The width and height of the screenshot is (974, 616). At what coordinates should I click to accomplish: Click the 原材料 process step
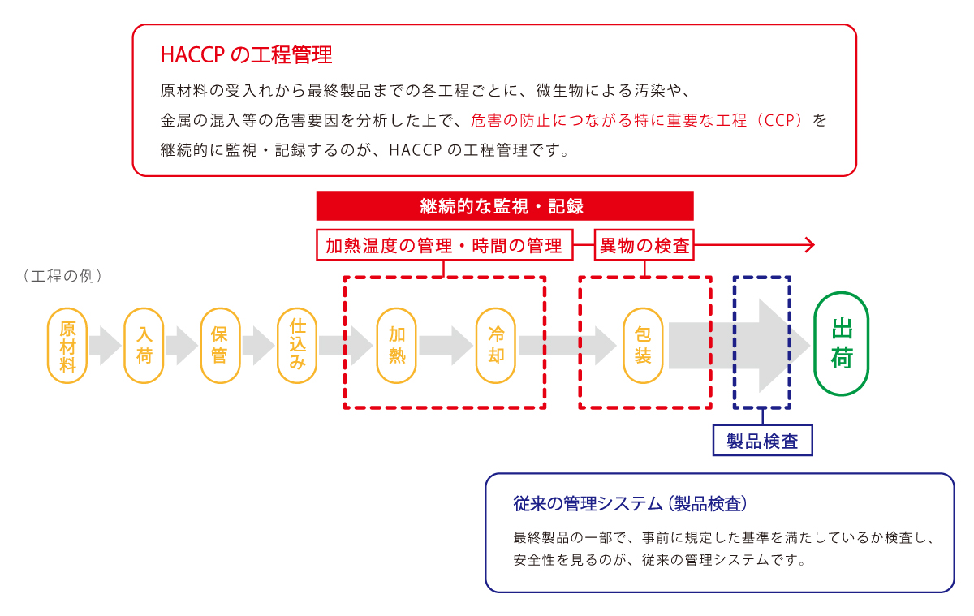click(67, 346)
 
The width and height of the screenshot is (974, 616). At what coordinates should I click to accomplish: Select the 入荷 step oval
click(144, 346)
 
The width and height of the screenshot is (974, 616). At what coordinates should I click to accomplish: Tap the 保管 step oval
click(221, 346)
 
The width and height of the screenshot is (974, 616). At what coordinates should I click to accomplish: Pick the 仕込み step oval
click(297, 346)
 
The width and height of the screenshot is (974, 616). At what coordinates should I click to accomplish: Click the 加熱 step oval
click(397, 346)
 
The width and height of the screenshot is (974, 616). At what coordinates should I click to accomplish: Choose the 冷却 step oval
click(496, 346)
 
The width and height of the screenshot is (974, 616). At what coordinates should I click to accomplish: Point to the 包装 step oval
click(643, 346)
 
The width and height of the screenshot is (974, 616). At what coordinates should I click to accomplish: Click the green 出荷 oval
click(842, 344)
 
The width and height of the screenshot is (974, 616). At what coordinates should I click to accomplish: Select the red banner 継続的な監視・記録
click(505, 205)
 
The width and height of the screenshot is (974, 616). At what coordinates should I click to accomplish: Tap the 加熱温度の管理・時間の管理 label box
click(445, 245)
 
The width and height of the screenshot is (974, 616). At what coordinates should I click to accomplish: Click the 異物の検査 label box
click(644, 245)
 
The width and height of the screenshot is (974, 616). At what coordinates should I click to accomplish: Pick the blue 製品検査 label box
click(763, 441)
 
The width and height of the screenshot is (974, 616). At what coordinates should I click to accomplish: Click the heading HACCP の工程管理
click(247, 55)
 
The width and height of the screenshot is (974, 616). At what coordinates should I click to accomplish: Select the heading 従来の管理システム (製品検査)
click(630, 504)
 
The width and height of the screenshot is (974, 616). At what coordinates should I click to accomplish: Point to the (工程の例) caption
click(63, 276)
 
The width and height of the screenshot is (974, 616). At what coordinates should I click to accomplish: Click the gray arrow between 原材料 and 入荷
click(106, 346)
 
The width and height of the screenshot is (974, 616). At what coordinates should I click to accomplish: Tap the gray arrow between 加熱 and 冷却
click(446, 346)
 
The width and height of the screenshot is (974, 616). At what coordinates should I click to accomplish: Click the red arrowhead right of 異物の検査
click(810, 245)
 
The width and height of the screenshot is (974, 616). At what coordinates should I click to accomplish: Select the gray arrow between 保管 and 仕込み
click(259, 346)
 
